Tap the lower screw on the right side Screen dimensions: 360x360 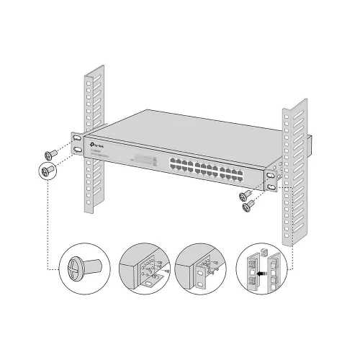tap(250, 206)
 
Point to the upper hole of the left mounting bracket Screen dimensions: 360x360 tap(76, 135)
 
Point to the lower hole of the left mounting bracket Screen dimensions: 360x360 tap(76, 150)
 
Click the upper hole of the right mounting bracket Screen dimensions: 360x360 tap(271, 172)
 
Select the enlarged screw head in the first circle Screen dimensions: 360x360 tap(80, 264)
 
